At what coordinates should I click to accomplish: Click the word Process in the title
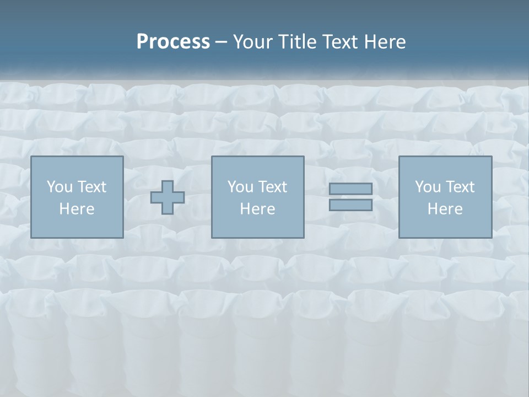(173, 42)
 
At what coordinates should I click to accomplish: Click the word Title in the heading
(295, 42)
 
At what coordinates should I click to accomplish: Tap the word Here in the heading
(385, 42)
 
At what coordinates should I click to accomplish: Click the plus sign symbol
(168, 197)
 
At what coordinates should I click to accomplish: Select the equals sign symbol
(350, 197)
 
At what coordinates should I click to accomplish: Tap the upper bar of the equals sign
(350, 189)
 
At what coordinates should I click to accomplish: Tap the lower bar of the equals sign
(350, 205)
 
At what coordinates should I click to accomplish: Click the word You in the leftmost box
(58, 187)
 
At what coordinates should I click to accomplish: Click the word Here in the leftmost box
(77, 209)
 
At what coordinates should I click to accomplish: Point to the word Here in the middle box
(257, 209)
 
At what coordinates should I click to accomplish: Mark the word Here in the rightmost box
(445, 209)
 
